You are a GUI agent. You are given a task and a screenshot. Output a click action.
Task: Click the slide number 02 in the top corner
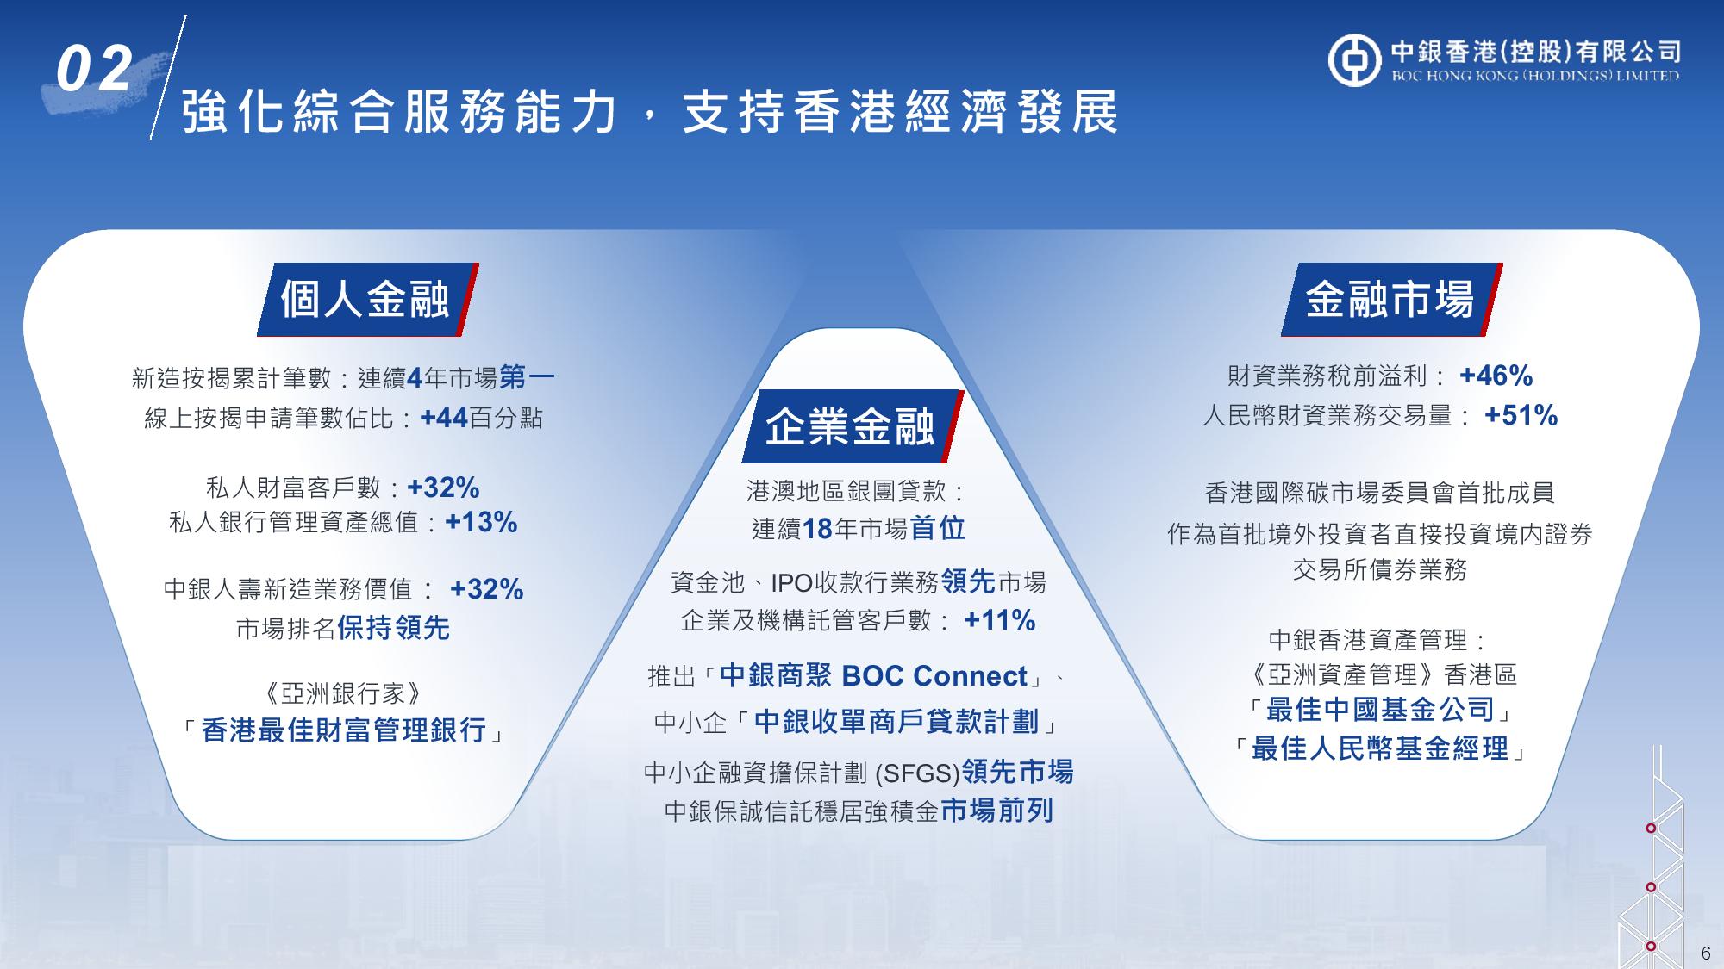coord(95,70)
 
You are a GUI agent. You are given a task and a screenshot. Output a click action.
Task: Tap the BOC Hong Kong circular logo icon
coord(1354,60)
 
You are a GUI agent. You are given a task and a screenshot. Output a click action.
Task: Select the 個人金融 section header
coord(366,300)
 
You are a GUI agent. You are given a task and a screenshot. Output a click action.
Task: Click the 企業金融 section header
coord(851,425)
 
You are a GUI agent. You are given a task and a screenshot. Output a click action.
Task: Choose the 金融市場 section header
coord(1390,300)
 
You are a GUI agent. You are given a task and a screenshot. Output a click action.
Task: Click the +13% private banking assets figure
coord(481,522)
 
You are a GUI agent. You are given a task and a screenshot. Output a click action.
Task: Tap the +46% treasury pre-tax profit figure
coord(1496,376)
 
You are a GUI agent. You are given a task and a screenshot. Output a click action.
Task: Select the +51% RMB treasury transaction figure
coord(1521,415)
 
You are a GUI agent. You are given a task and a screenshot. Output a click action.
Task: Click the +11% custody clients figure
coord(999,620)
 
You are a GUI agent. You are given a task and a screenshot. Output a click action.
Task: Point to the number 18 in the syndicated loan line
coord(817,529)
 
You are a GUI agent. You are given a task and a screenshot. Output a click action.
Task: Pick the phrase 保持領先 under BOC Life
coord(393,628)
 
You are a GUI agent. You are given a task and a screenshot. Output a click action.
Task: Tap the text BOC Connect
coord(934,676)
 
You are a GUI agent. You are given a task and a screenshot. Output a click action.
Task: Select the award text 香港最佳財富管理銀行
coord(344,730)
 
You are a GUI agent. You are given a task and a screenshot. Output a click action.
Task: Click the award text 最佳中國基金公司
coord(1380,710)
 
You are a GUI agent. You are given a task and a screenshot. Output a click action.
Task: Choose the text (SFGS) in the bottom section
coord(917,773)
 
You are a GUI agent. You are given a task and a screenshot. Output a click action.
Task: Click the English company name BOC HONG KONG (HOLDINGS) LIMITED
coord(1536,76)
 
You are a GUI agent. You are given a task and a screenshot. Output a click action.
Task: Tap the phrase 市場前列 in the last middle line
coord(996,811)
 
